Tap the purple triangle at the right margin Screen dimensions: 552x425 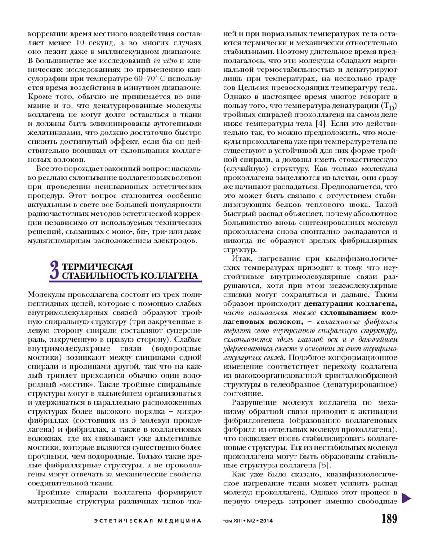407,497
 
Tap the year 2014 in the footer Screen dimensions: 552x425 266,521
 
